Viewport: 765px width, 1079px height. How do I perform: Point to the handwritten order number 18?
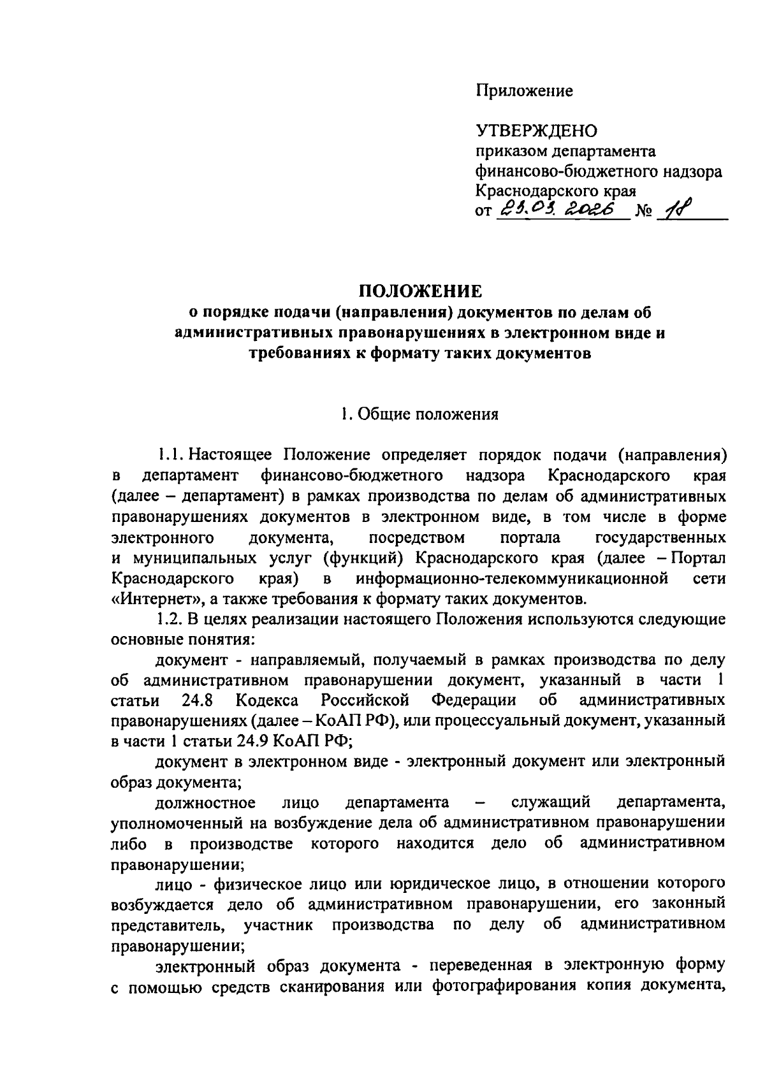tap(674, 209)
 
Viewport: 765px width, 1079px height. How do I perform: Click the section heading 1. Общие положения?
tap(419, 415)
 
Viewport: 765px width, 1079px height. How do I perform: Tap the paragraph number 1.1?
tap(171, 456)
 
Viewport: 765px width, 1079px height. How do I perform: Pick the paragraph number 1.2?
tap(171, 619)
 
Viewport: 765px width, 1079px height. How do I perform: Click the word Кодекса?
tap(267, 700)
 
